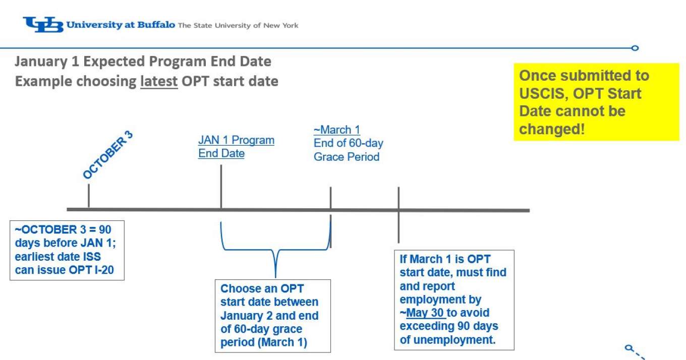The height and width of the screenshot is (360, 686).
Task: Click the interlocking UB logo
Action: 43,25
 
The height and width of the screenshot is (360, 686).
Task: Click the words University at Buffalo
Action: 121,25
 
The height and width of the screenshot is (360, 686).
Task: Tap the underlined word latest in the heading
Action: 159,82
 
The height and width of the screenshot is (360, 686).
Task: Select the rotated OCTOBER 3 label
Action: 108,155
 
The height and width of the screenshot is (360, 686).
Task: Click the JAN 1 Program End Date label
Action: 236,147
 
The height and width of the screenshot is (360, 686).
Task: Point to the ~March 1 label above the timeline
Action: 336,130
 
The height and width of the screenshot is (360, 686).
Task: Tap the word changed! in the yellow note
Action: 552,129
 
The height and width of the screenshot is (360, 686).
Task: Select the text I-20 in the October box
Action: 104,270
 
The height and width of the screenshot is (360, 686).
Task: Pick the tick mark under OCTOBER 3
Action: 89,196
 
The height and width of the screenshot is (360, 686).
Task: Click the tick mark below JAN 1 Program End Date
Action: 221,187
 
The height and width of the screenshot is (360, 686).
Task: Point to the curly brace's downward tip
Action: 275,277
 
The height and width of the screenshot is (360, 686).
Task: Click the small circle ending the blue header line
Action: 635,48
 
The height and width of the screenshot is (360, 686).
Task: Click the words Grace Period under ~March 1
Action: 347,157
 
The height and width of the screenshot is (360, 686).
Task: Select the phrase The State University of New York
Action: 238,25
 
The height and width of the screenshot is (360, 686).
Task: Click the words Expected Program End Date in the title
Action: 178,62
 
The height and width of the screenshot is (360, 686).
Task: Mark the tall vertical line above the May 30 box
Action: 398,215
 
